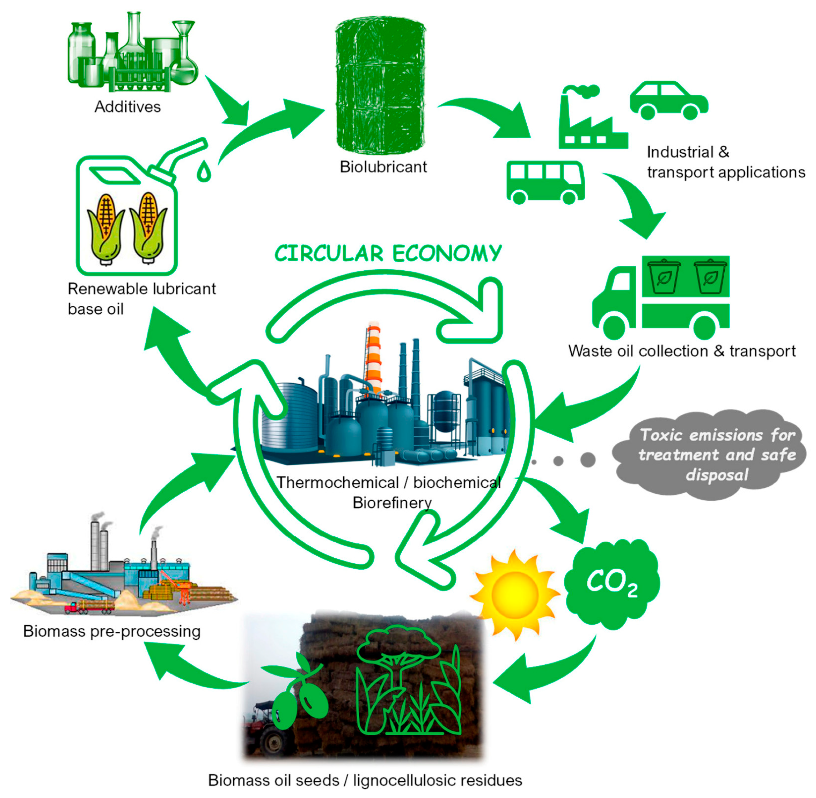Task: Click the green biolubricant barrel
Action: point(380,86)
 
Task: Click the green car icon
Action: point(668,101)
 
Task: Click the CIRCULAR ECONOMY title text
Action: point(388,254)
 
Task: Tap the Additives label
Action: point(127,107)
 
